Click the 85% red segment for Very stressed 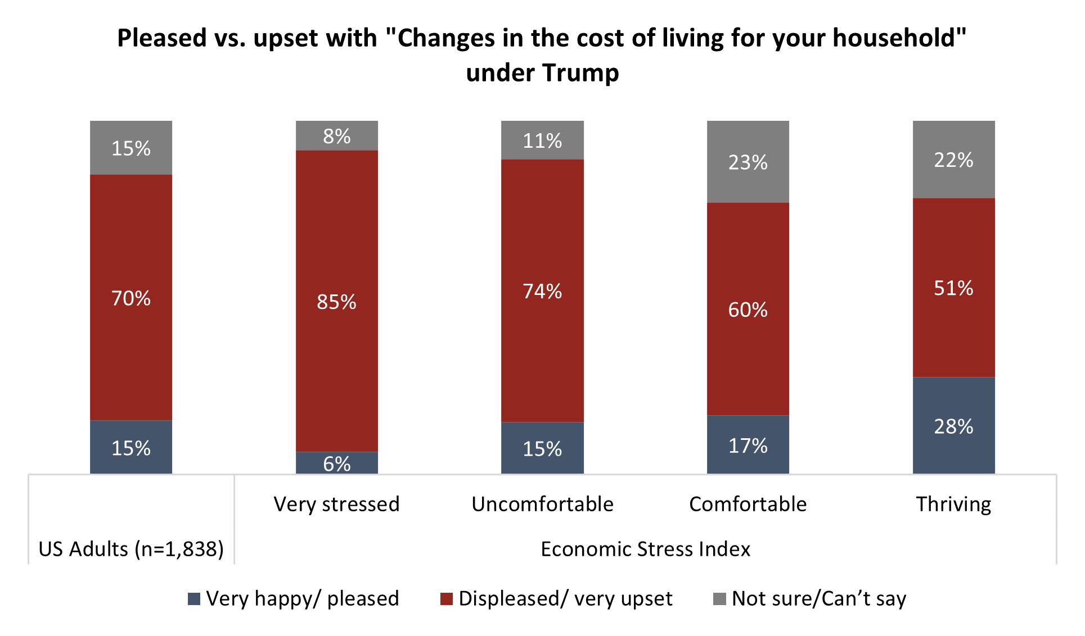coord(336,301)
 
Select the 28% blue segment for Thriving coord(953,425)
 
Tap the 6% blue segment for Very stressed coord(336,463)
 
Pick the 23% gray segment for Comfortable coord(748,162)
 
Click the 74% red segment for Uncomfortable coord(542,290)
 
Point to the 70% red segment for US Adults coord(131,297)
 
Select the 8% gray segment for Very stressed coord(336,136)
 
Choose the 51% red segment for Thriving coord(953,288)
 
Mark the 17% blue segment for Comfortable coord(748,445)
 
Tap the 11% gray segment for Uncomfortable coord(542,140)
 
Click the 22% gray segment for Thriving coord(953,160)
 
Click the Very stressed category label coord(336,504)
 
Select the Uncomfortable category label coord(542,504)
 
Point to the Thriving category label coord(953,504)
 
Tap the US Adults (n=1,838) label coord(131,549)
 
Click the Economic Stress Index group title coord(645,549)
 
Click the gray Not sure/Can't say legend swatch coord(719,599)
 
